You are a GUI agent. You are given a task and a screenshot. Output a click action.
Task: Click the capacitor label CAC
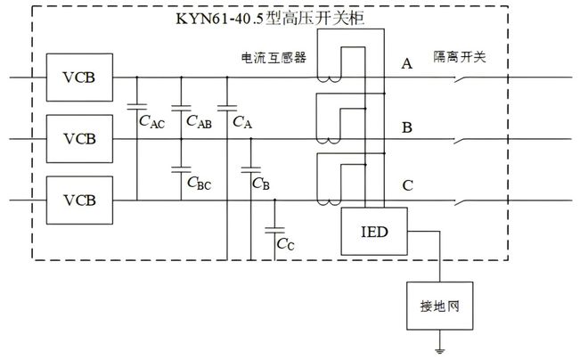point(151,123)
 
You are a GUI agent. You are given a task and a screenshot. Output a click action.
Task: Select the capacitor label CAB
point(199,123)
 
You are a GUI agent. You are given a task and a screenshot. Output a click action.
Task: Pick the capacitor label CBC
point(199,184)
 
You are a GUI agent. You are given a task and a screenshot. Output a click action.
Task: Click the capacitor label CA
point(241,123)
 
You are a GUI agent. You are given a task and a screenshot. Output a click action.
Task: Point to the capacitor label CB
point(260,184)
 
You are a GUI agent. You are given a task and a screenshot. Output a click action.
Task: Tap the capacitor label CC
point(285,242)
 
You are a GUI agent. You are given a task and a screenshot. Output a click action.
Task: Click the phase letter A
point(407,64)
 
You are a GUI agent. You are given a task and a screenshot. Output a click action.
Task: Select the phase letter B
point(407,127)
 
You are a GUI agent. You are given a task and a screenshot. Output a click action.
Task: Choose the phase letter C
point(407,186)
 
